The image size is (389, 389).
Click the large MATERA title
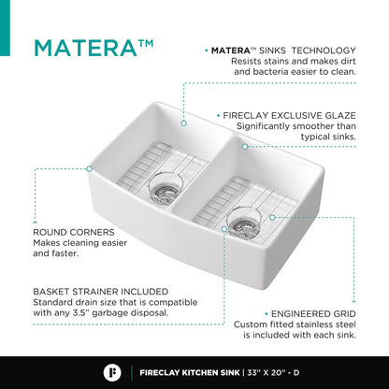tap(94, 48)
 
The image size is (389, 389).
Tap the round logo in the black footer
tap(112, 372)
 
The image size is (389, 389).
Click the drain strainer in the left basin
tap(164, 189)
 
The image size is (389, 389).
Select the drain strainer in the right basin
tap(244, 223)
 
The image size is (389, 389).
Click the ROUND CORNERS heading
tap(74, 232)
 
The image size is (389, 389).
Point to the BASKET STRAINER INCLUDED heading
tap(101, 292)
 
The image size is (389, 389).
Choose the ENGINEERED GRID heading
tap(313, 313)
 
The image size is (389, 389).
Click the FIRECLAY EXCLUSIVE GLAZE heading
tap(289, 116)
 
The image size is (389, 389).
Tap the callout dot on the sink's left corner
tap(89, 169)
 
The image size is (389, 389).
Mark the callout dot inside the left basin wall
tap(183, 123)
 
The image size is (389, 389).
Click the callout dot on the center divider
tap(245, 147)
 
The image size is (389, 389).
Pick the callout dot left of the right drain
tap(224, 229)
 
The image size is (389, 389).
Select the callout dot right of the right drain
tap(272, 217)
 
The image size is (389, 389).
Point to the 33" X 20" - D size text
tap(273, 372)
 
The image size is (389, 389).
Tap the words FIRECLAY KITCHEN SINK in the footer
tap(190, 372)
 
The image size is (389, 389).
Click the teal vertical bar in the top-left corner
tap(5, 28)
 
